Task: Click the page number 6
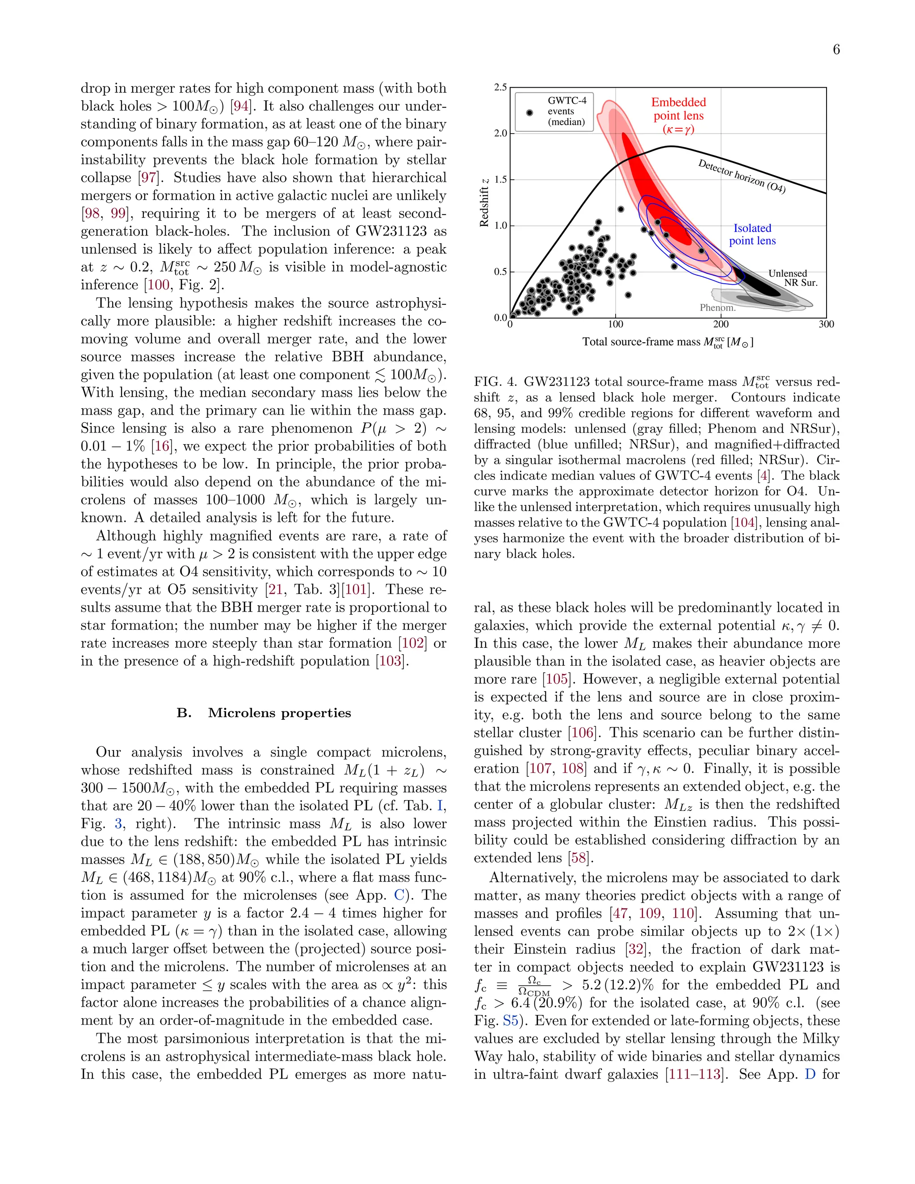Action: click(836, 50)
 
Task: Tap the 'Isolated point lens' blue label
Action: click(752, 234)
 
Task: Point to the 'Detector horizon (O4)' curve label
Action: click(741, 176)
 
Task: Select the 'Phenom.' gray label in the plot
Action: click(717, 307)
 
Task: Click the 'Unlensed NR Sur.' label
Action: click(793, 277)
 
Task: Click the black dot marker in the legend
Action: click(529, 112)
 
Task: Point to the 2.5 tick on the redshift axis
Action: click(500, 87)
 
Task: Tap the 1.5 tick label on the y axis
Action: click(500, 180)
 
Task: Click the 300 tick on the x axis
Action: click(826, 324)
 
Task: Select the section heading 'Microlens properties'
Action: click(279, 713)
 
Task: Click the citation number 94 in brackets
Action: click(241, 106)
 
